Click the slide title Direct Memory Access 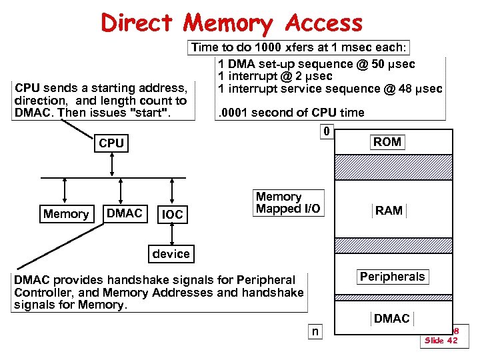click(232, 24)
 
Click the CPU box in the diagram click(111, 143)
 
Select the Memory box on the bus click(65, 214)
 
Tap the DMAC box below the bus click(125, 213)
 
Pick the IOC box click(172, 215)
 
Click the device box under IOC click(171, 253)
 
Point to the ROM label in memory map click(387, 141)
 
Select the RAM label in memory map click(389, 211)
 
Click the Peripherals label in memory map click(392, 277)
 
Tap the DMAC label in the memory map click(391, 319)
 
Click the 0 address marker click(326, 131)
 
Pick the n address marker click(315, 331)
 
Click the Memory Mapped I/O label click(287, 203)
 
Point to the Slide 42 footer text click(441, 341)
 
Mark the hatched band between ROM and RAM click(393, 167)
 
